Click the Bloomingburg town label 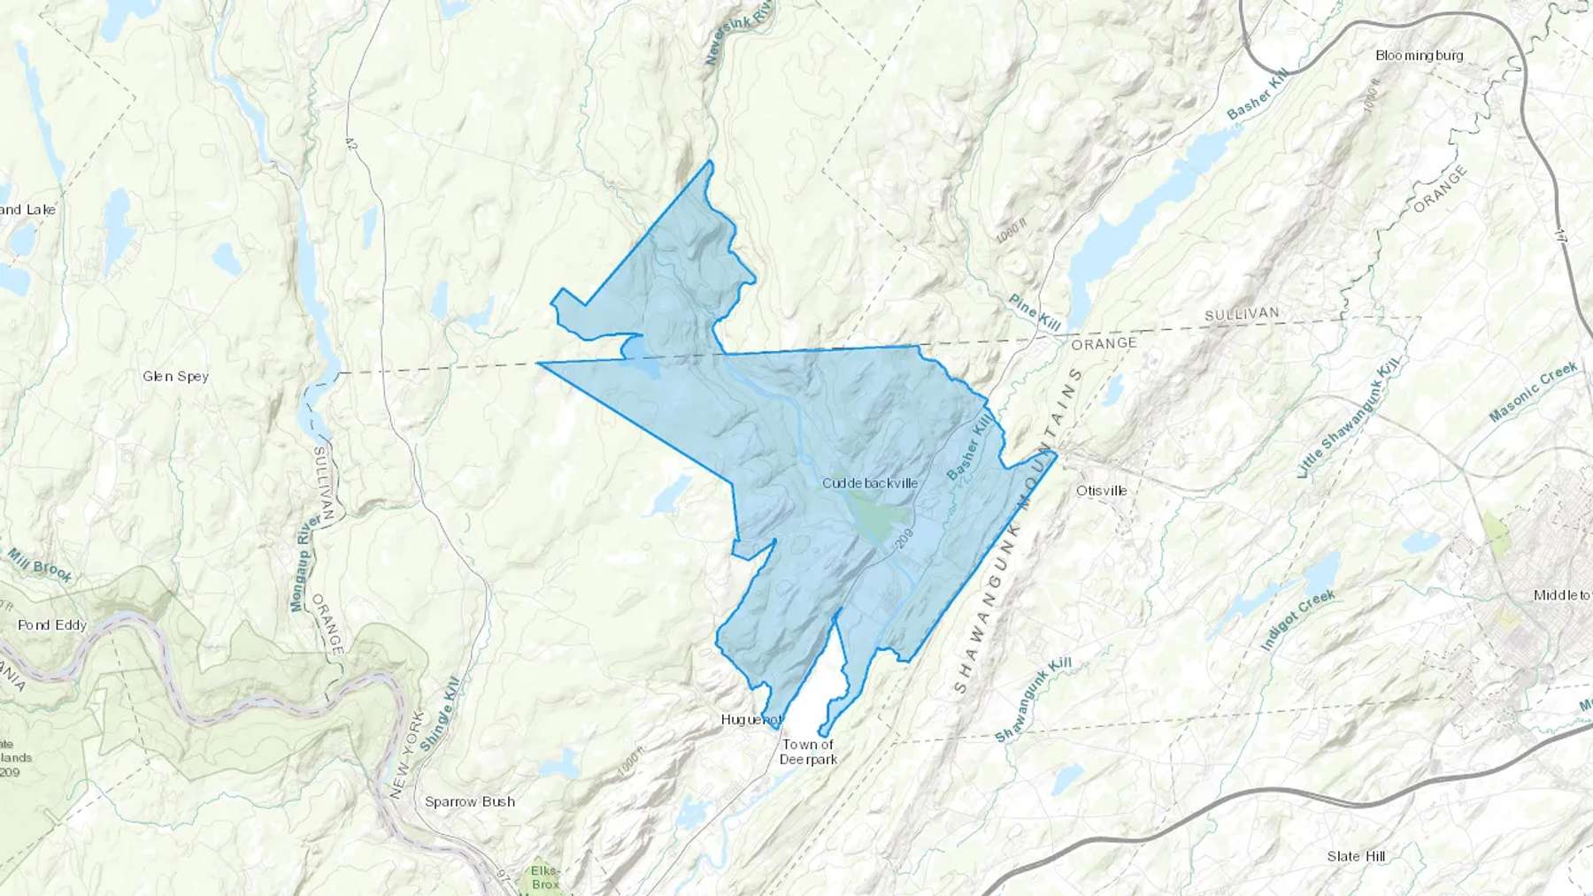click(x=1419, y=56)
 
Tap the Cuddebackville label click(x=870, y=483)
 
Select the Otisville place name click(x=1101, y=490)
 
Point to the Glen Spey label click(x=175, y=376)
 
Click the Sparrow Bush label click(x=469, y=801)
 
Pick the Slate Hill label click(x=1356, y=855)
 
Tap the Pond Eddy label click(x=52, y=624)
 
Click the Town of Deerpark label click(x=808, y=752)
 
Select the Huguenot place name click(x=751, y=719)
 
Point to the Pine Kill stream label click(x=1035, y=312)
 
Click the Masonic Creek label click(x=1533, y=391)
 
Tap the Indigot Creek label click(x=1297, y=620)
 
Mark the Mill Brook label click(x=40, y=565)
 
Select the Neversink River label click(x=739, y=32)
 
